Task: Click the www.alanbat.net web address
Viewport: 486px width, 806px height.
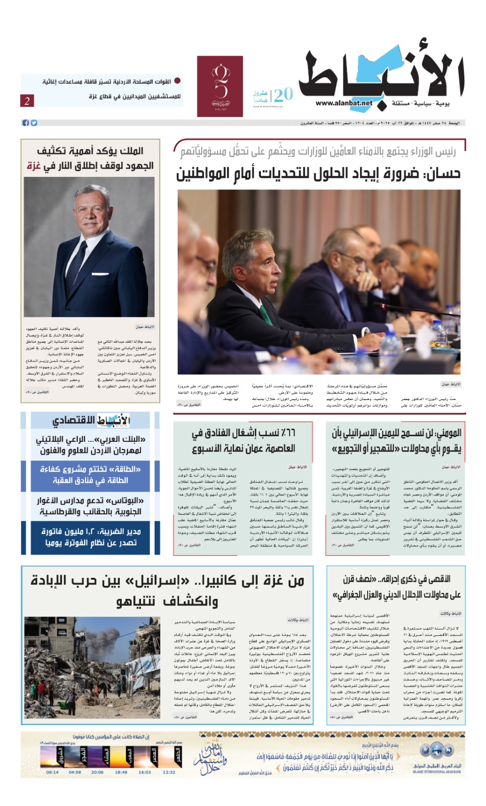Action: tap(344, 103)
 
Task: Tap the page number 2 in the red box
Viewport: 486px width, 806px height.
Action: tap(27, 100)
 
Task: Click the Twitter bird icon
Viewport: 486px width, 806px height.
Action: tap(34, 123)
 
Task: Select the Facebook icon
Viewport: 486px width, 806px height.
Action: tap(26, 123)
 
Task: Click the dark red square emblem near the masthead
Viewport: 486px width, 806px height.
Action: tap(220, 86)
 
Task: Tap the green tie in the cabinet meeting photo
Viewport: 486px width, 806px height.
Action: tap(265, 315)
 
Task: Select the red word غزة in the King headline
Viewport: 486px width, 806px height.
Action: tap(33, 166)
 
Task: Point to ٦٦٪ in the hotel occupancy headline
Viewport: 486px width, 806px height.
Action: tap(288, 433)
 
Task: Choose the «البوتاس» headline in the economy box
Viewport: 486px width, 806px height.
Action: tap(91, 506)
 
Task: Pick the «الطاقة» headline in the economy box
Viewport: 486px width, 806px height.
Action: tap(91, 475)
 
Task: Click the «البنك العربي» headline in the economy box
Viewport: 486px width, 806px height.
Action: tap(91, 444)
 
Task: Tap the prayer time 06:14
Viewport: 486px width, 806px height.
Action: tap(52, 772)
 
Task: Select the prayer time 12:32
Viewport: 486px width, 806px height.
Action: tap(169, 772)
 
